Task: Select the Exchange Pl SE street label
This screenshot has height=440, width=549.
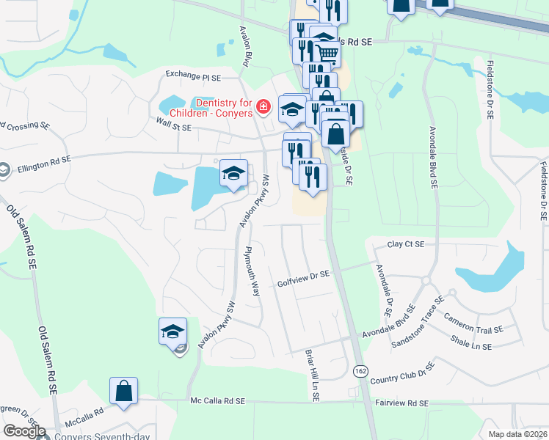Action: pyautogui.click(x=193, y=75)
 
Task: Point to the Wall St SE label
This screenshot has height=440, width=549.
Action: pyautogui.click(x=173, y=127)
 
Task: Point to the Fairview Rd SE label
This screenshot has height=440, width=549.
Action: pyautogui.click(x=401, y=403)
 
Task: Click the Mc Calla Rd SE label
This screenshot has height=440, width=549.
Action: pyautogui.click(x=217, y=402)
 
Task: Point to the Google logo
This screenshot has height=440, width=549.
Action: pyautogui.click(x=23, y=431)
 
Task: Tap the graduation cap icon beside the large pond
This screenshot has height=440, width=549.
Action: pyautogui.click(x=233, y=174)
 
